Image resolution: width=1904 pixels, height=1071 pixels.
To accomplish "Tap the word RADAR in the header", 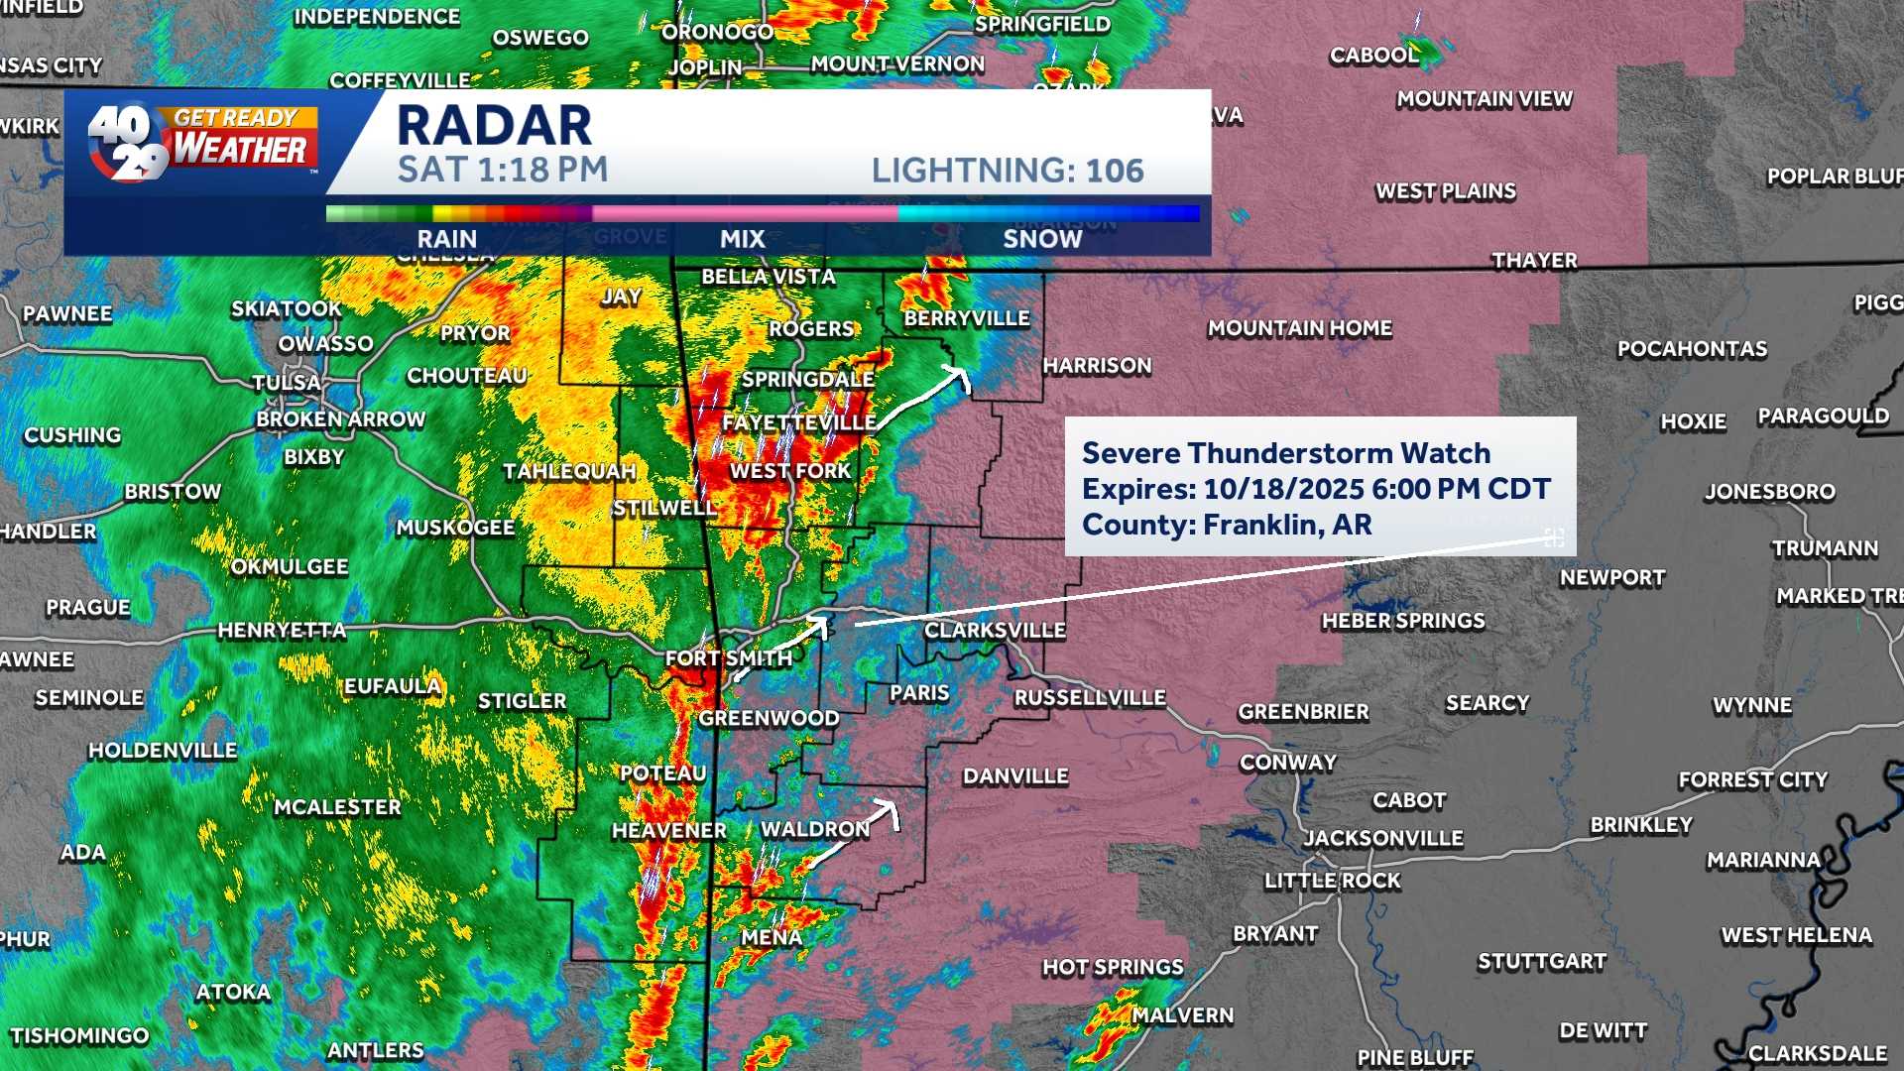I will tap(494, 126).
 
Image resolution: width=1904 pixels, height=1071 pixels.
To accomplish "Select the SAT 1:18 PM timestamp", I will tap(503, 170).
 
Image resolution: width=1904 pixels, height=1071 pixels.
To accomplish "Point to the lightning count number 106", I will tap(1115, 171).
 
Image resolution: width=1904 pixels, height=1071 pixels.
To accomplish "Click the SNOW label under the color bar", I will tap(1041, 239).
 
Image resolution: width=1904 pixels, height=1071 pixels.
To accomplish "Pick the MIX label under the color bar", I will tap(742, 239).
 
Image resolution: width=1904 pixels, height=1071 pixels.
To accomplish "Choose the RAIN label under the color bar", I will tap(446, 239).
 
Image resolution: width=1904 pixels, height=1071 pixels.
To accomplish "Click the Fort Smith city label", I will tap(729, 657).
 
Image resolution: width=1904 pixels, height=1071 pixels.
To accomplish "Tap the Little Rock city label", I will tap(1332, 881).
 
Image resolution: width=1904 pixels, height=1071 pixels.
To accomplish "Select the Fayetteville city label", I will tap(798, 422).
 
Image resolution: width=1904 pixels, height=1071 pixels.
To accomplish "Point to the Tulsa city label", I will tap(287, 383).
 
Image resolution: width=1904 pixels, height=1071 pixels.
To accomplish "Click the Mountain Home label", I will tap(1299, 328).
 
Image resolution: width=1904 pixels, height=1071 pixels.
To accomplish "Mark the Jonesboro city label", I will tap(1769, 492).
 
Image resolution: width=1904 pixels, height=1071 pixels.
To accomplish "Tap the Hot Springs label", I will tap(1112, 967).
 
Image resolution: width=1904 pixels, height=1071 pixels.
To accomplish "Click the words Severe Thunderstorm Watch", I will tap(1285, 453).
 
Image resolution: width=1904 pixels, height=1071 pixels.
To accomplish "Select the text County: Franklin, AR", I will tap(1227, 525).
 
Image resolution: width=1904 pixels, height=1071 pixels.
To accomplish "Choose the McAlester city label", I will tap(337, 807).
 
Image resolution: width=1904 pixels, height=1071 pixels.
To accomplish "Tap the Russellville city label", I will tap(1089, 698).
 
